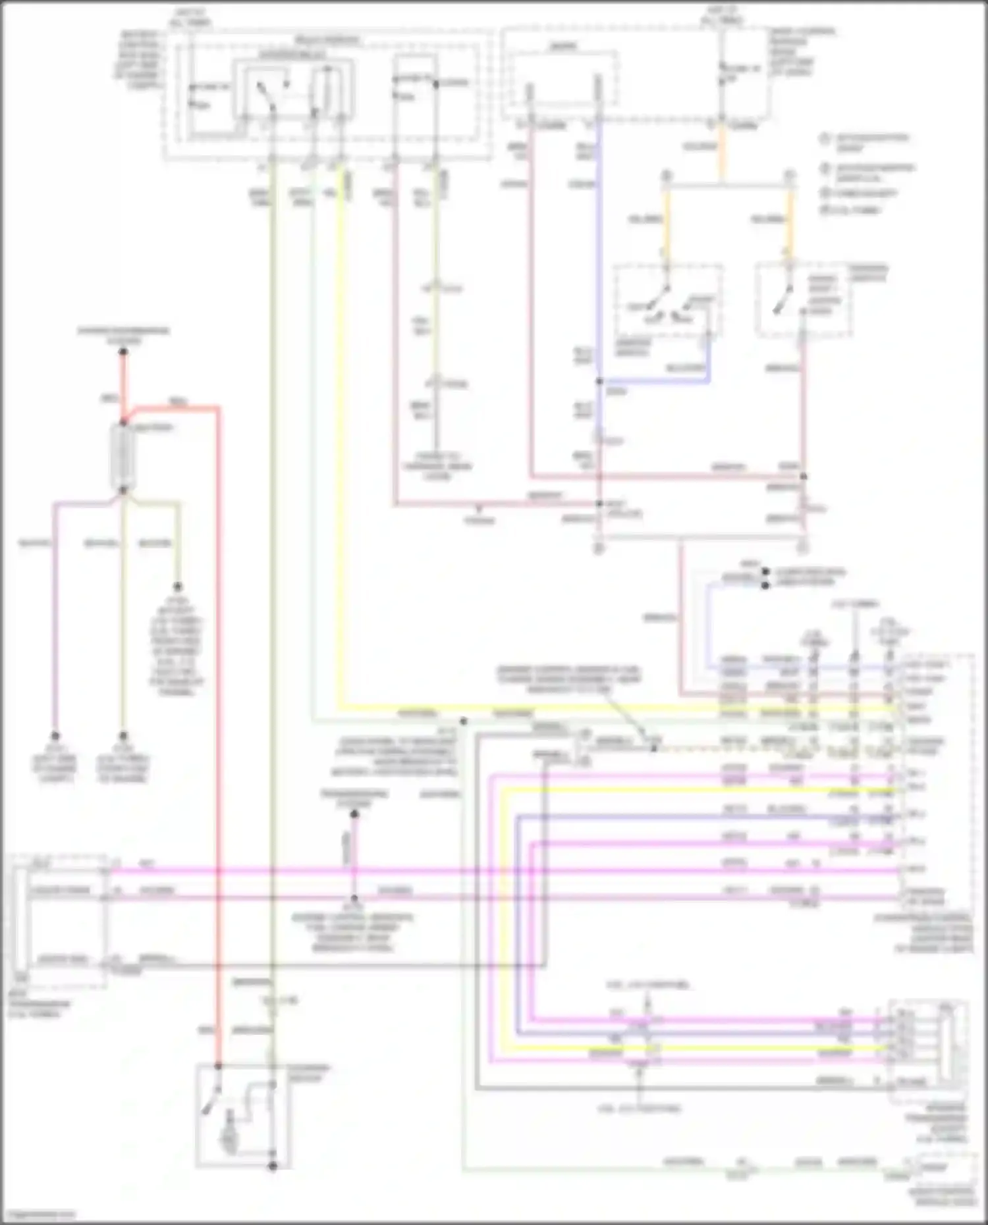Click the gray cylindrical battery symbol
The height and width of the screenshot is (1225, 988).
tap(123, 457)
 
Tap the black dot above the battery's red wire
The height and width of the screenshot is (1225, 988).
tap(123, 352)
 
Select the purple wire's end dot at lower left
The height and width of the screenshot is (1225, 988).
tap(55, 736)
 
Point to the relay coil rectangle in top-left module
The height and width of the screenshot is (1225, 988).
tap(326, 89)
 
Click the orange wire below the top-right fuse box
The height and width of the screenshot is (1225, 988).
tap(722, 151)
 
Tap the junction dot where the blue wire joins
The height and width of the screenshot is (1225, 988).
tap(599, 381)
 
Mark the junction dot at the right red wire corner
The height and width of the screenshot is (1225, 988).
tap(804, 476)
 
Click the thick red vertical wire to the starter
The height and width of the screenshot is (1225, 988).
tap(218, 724)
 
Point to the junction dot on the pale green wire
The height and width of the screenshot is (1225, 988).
tap(463, 721)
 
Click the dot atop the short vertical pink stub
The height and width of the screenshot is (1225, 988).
tap(354, 814)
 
